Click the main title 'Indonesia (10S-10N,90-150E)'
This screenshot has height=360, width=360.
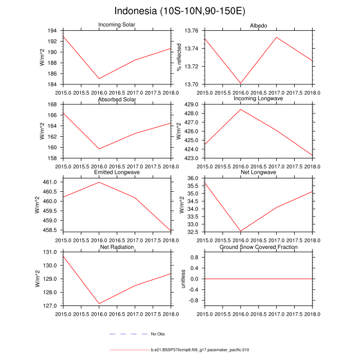pos(179,11)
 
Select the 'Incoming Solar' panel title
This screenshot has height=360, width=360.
pos(116,25)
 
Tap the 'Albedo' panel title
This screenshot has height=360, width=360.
pos(259,25)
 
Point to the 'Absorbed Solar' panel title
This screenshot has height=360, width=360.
pos(116,99)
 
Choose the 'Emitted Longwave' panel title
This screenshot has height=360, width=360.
pos(116,173)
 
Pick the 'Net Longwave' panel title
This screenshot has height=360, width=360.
pos(259,172)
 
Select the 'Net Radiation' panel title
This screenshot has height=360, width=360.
pos(116,247)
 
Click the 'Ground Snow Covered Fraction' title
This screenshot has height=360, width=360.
pos(259,247)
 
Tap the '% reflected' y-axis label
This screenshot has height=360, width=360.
pos(179,58)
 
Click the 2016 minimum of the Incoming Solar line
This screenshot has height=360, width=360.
pos(99,79)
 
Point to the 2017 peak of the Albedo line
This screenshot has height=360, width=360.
pos(277,37)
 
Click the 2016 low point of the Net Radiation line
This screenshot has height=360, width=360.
pos(99,303)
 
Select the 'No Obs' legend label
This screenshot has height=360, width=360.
pos(157,334)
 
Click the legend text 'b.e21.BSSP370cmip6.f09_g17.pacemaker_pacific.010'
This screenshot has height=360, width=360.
pos(200,350)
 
